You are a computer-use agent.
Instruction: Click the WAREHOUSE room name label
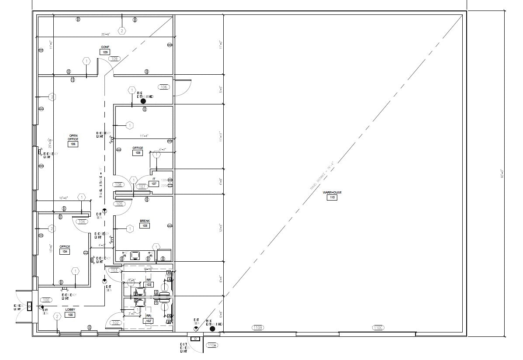tap(332, 192)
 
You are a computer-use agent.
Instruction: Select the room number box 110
tap(332, 197)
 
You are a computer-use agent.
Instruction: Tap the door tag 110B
tap(257, 327)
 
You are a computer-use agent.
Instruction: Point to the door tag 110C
tap(378, 327)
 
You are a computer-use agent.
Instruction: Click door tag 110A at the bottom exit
tap(212, 345)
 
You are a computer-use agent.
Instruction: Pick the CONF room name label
tap(105, 47)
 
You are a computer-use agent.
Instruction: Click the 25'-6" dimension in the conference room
tap(105, 34)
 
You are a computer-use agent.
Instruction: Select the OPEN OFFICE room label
tap(73, 137)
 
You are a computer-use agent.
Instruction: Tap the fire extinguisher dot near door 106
tap(143, 101)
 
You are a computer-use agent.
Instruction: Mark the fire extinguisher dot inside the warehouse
tap(212, 329)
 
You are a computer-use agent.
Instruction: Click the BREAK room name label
tap(145, 221)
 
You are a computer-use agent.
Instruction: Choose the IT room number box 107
tap(154, 184)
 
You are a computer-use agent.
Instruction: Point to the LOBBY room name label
tap(70, 309)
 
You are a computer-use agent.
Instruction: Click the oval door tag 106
tap(164, 87)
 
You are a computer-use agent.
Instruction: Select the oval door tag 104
tap(82, 222)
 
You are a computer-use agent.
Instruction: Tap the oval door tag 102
tap(115, 323)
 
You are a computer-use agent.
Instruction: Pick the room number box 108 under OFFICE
tap(138, 153)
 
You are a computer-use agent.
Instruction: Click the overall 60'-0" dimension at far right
tap(502, 173)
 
